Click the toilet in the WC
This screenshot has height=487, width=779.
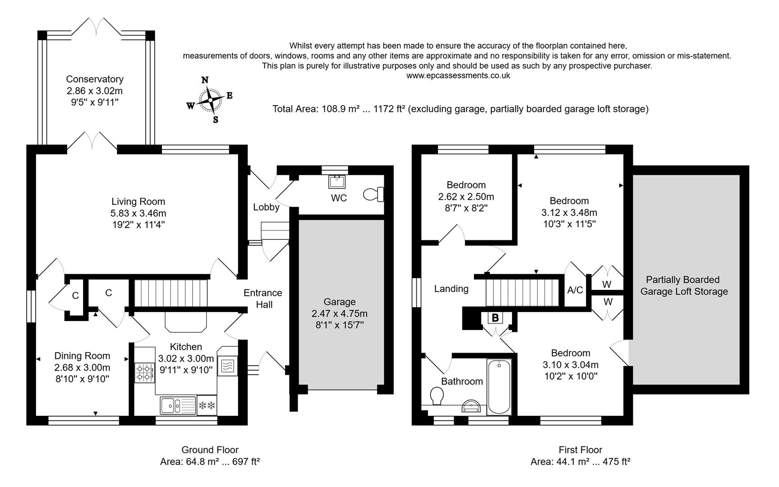(373, 194)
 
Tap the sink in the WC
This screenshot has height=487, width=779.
(336, 182)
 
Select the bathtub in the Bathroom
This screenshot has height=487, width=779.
(499, 387)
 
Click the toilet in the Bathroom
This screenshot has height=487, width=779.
(437, 396)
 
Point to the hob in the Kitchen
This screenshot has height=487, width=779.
(144, 373)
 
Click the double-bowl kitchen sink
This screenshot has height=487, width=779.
(177, 405)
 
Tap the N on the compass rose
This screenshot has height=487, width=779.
(205, 80)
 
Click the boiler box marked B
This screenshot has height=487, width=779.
(495, 317)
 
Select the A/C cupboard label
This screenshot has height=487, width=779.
(575, 290)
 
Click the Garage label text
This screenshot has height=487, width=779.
(339, 302)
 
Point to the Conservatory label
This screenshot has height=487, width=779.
(95, 79)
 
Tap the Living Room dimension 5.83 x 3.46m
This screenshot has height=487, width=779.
(138, 213)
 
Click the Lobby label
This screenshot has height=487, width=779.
(266, 207)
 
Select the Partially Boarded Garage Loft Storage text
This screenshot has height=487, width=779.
(683, 285)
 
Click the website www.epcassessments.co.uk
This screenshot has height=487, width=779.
(458, 76)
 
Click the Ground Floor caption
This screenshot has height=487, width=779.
(210, 450)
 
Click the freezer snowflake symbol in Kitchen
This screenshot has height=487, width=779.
(207, 405)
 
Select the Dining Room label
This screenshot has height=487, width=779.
(82, 356)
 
